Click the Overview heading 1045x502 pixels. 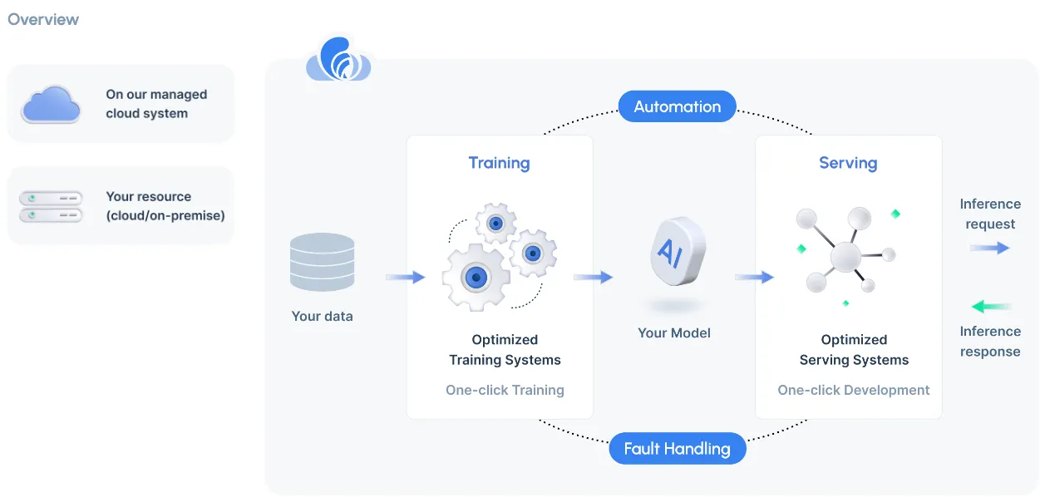pyautogui.click(x=43, y=19)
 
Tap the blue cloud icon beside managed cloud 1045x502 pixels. pyautogui.click(x=51, y=104)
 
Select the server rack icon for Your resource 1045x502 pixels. pyautogui.click(x=51, y=206)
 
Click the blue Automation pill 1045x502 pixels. pyautogui.click(x=677, y=106)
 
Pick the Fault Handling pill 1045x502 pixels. pyautogui.click(x=677, y=450)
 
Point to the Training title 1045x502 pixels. pyautogui.click(x=499, y=163)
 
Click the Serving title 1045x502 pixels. pyautogui.click(x=848, y=163)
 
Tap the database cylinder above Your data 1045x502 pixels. pyautogui.click(x=322, y=262)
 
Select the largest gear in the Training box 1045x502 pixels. pyautogui.click(x=476, y=277)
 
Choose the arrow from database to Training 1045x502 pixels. pyautogui.click(x=406, y=278)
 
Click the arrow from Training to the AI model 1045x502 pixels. pyautogui.click(x=593, y=278)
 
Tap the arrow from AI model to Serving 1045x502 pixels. pyautogui.click(x=754, y=278)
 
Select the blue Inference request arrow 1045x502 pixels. pyautogui.click(x=989, y=248)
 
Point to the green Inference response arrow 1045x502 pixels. pyautogui.click(x=991, y=307)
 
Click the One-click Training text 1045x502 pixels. pyautogui.click(x=505, y=390)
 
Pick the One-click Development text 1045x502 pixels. pyautogui.click(x=854, y=390)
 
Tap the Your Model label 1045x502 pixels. pyautogui.click(x=674, y=332)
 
